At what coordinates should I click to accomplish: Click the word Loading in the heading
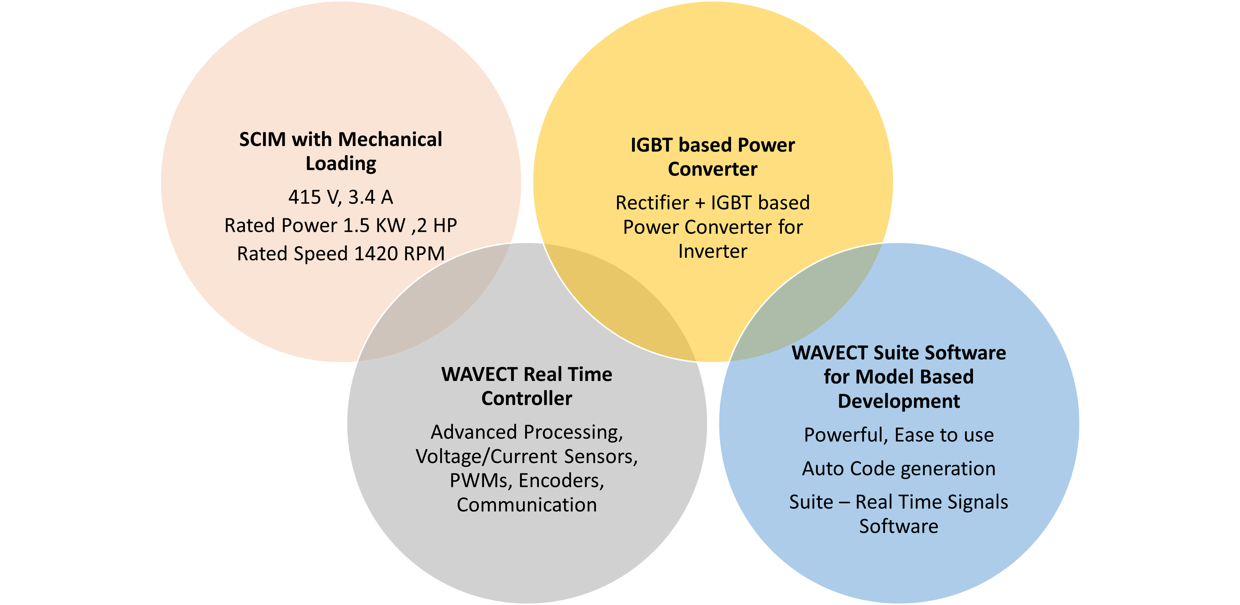tap(341, 164)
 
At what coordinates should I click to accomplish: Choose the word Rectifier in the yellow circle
tap(652, 203)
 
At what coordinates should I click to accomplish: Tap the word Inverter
tap(713, 251)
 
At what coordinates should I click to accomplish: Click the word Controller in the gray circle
tap(527, 399)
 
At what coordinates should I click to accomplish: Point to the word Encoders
tap(561, 481)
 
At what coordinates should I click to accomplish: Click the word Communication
tap(527, 505)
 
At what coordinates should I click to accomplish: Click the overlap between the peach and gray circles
tap(433, 308)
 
